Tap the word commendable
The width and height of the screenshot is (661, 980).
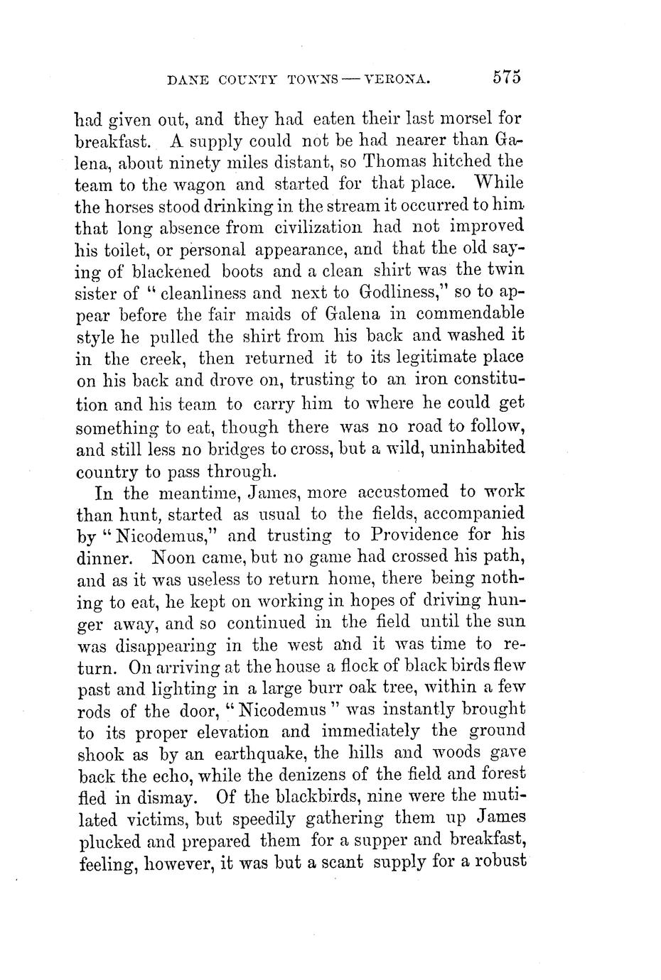[x=471, y=313]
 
